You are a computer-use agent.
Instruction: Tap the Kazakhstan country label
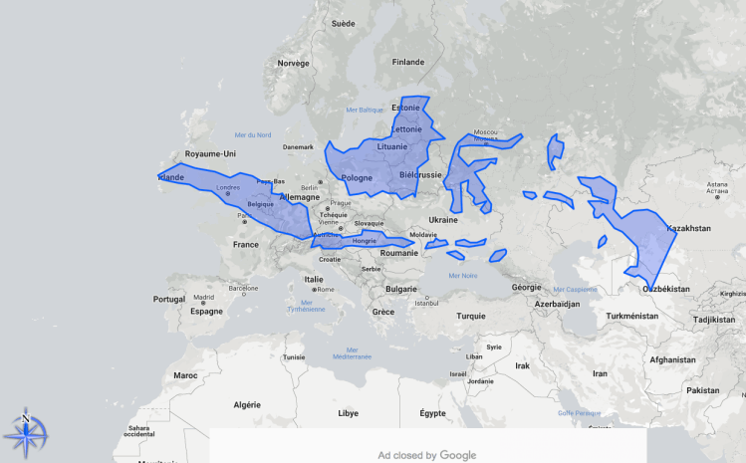tap(689, 228)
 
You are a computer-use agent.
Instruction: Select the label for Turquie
tap(471, 316)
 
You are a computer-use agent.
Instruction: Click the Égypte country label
tap(433, 412)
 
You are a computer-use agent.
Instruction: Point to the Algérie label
tap(246, 405)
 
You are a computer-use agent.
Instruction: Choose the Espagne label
tap(206, 311)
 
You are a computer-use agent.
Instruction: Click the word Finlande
tap(408, 62)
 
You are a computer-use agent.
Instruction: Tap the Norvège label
tap(294, 63)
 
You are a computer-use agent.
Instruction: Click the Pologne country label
tap(357, 178)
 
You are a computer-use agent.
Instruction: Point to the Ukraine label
tap(442, 219)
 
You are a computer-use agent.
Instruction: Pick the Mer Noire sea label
tap(463, 276)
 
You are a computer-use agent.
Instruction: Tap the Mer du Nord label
tap(253, 134)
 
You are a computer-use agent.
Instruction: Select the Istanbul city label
tap(427, 303)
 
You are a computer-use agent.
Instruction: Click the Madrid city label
tap(204, 297)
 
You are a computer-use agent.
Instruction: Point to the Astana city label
tap(718, 184)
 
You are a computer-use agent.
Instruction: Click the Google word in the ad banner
tap(458, 455)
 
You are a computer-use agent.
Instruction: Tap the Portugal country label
tap(169, 299)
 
